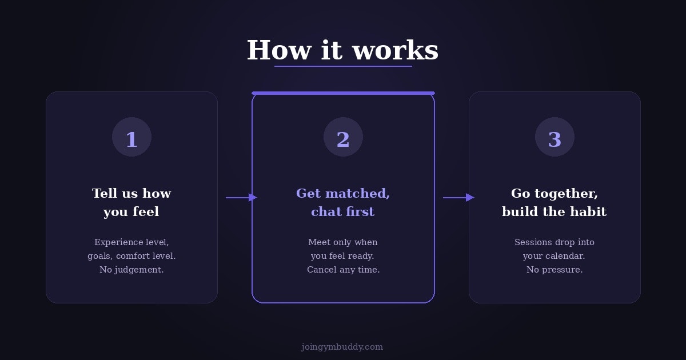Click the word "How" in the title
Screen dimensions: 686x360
(x=279, y=50)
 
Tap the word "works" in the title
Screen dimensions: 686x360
(x=396, y=50)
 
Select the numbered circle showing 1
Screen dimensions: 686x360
(x=131, y=137)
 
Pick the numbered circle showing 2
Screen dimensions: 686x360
(x=343, y=137)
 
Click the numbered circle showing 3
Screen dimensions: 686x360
(x=555, y=137)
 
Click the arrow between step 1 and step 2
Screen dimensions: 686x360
(x=241, y=198)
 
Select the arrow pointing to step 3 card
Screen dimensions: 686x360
(x=458, y=198)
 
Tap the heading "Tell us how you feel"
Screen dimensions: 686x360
(x=131, y=202)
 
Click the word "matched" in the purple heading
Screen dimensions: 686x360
(x=357, y=194)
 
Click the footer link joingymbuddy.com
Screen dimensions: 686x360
(x=342, y=347)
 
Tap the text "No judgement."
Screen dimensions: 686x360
(x=131, y=270)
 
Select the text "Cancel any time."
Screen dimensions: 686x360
(x=343, y=270)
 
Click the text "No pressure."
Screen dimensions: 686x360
(x=555, y=270)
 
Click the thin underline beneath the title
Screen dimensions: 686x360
(x=343, y=66)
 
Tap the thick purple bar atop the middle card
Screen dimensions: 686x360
(x=343, y=93)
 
